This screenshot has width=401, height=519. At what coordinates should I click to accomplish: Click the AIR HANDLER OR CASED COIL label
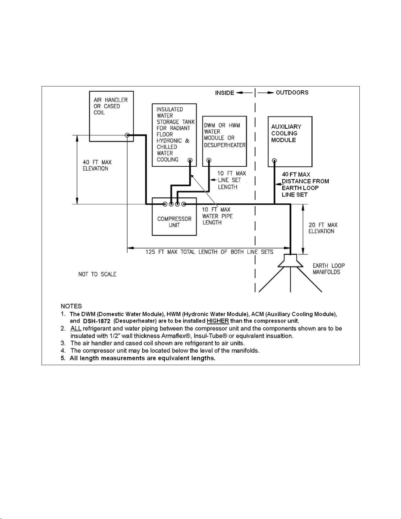pos(111,106)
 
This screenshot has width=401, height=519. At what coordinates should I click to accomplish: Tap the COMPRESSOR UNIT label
pos(174,222)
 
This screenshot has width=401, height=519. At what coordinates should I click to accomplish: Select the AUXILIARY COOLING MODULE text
pos(286,133)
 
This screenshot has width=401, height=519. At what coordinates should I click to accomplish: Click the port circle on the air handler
pos(127,135)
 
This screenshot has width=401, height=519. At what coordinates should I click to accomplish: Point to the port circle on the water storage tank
pos(190,160)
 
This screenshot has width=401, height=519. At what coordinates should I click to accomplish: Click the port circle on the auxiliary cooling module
pos(275,160)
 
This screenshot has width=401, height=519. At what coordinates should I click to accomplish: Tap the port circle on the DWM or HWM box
pos(209,160)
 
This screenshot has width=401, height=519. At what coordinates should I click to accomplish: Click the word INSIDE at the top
pos(225,93)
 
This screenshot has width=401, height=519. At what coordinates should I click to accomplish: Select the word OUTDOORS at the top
pos(292,92)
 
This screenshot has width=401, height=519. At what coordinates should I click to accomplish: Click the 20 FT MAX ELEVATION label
pos(323,228)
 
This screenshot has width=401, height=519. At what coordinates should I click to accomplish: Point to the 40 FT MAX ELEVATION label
pos(97,165)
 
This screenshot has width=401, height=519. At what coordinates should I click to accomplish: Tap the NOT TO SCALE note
pos(97,274)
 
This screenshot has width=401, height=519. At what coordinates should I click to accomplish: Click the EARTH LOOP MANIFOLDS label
pos(329,269)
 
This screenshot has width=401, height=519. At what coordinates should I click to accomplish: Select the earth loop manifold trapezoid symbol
pos(290,261)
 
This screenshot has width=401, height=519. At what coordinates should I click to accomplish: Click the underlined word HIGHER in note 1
pos(218,321)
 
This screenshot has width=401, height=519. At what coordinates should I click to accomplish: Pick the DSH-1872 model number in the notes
pos(97,321)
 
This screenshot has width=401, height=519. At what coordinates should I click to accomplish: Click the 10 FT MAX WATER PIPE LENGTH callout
pos(217,216)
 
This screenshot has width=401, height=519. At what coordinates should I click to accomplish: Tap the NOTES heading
pos(71,306)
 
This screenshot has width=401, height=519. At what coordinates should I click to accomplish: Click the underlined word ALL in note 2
pos(76,328)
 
